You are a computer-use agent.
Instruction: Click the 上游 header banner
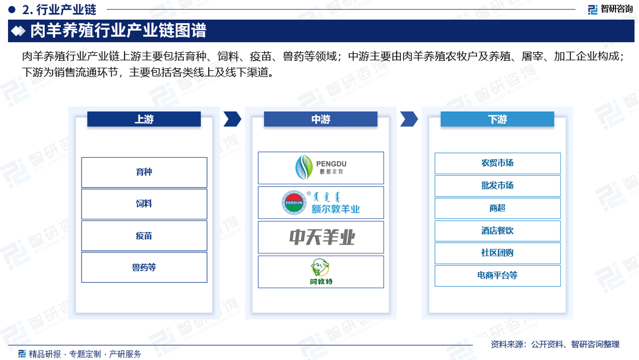pos(144,119)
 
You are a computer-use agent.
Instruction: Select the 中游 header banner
pos(321,119)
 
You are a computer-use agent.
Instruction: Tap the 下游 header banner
pos(497,119)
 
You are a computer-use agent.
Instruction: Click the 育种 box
pos(144,173)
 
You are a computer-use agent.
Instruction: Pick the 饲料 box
pos(144,204)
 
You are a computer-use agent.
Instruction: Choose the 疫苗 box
pos(144,235)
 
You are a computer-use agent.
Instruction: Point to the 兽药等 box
pos(144,267)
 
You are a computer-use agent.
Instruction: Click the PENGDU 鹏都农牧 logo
pos(321,167)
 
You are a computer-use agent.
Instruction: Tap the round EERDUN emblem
pos(294,202)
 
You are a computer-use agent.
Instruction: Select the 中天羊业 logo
pos(322,238)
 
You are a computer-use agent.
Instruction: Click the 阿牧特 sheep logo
pos(321,271)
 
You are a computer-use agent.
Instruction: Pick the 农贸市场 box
pos(497,163)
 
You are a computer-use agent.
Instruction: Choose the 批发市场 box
pos(497,186)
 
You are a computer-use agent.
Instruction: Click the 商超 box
pos(497,208)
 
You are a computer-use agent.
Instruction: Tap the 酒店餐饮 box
pos(497,231)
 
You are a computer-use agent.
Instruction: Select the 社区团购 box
pos(497,253)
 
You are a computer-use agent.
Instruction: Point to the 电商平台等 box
pos(497,275)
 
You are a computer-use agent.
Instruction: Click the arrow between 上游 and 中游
pos(233,119)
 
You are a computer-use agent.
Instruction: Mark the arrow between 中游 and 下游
pos(409,119)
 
